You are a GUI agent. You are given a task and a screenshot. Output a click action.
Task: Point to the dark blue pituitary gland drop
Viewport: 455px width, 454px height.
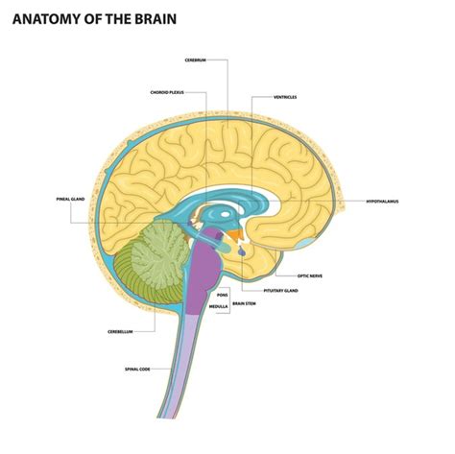coord(241,252)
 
